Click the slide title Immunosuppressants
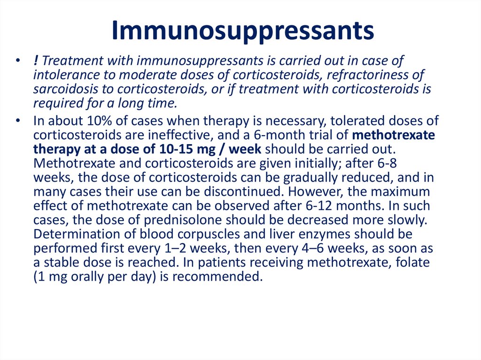pyautogui.click(x=243, y=31)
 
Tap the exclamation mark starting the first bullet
pyautogui.click(x=36, y=61)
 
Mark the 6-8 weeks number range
pyautogui.click(x=388, y=164)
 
